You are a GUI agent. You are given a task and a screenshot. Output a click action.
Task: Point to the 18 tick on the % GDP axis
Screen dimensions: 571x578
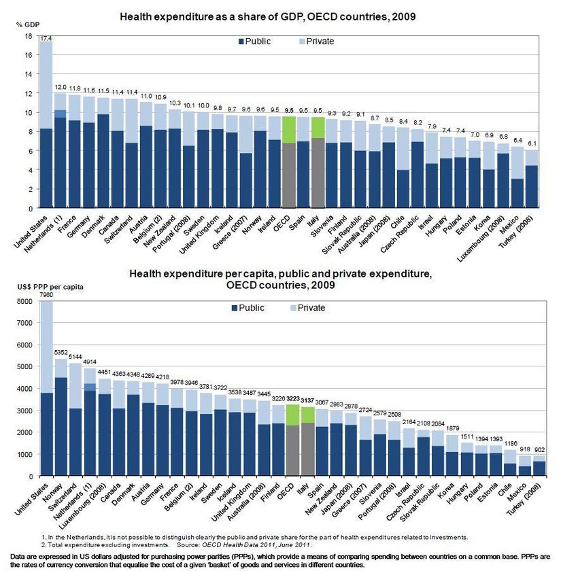29,36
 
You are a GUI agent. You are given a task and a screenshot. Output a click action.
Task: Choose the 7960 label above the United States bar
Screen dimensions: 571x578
46,296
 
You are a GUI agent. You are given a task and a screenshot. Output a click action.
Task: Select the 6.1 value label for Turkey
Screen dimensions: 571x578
532,143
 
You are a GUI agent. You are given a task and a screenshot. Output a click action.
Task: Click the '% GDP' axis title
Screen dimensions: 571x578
25,24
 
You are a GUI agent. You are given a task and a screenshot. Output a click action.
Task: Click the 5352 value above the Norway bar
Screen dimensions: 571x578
61,353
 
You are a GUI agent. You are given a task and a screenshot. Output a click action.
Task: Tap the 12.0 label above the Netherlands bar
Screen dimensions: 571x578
61,88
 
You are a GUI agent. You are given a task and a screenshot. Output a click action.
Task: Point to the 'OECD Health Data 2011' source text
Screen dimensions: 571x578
234,545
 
